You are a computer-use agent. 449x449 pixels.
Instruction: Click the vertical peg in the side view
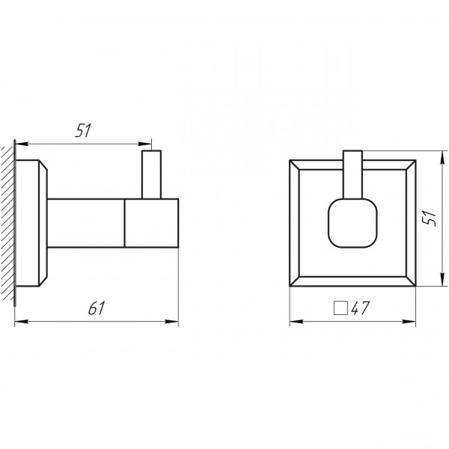pos(151,174)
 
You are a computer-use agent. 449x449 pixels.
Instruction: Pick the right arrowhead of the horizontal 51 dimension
pos(147,143)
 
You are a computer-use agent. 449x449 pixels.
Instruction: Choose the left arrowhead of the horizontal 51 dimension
pos(20,143)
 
